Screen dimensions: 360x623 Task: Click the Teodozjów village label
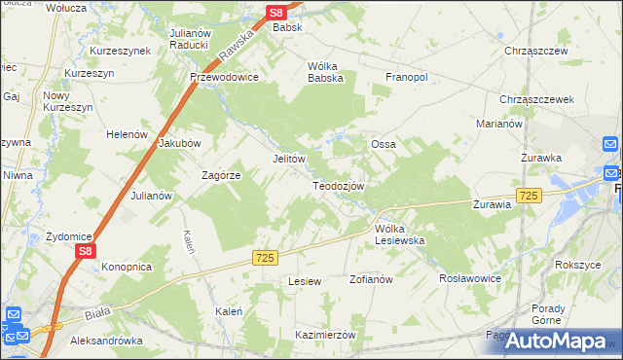[338, 186]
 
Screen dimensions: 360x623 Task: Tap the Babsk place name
[288, 28]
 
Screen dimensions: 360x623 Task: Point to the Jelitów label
[289, 159]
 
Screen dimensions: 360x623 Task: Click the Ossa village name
[383, 144]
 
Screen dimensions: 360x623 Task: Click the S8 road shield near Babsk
[276, 13]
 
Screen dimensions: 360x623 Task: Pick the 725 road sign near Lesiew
[265, 257]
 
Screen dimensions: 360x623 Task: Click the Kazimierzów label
[326, 334]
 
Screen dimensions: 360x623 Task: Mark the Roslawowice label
[470, 276]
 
